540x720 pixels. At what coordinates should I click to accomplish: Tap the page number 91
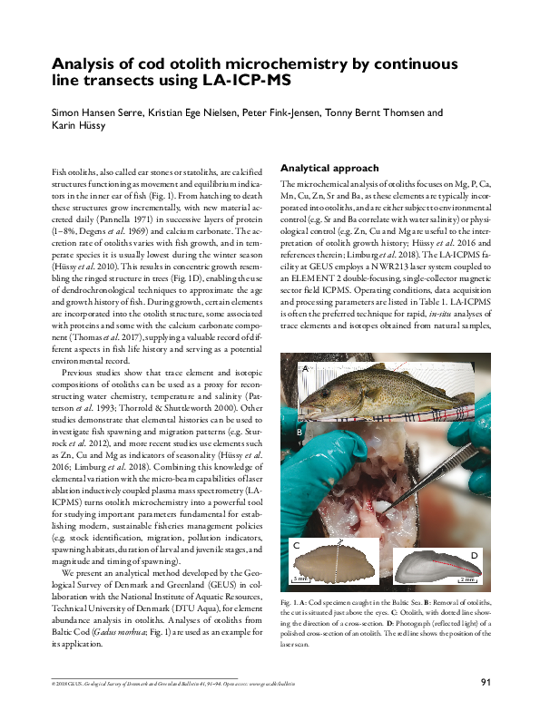pyautogui.click(x=486, y=682)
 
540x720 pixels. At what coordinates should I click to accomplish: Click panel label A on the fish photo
pyautogui.click(x=305, y=367)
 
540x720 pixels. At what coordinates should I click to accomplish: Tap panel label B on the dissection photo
pyautogui.click(x=298, y=433)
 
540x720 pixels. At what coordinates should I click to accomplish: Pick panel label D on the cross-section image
pyautogui.click(x=474, y=553)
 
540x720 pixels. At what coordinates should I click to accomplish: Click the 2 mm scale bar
pyautogui.click(x=466, y=579)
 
